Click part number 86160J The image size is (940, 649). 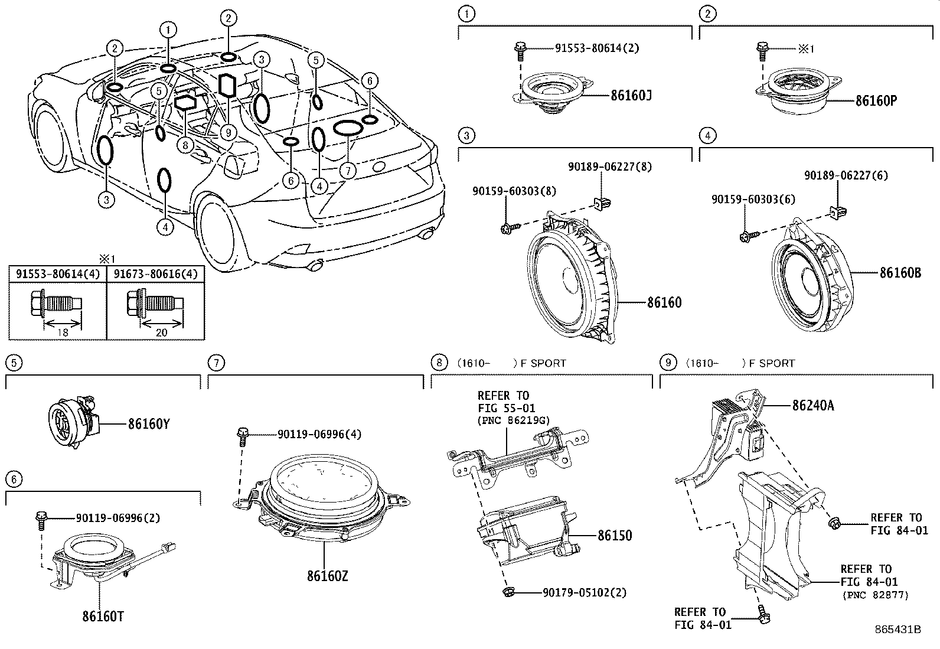pyautogui.click(x=631, y=95)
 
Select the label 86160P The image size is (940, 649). pyautogui.click(x=876, y=100)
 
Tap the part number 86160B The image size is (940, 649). pyautogui.click(x=900, y=273)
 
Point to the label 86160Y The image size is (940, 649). pyautogui.click(x=149, y=423)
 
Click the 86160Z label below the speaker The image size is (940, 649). pyautogui.click(x=327, y=575)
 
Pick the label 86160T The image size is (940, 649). pyautogui.click(x=103, y=617)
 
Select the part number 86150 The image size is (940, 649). pyautogui.click(x=614, y=536)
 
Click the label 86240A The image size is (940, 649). pyautogui.click(x=813, y=406)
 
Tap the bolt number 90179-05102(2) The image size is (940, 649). pyautogui.click(x=584, y=592)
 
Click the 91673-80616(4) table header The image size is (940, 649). pyautogui.click(x=155, y=274)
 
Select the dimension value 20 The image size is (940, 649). pyautogui.click(x=161, y=332)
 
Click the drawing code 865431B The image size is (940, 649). pyautogui.click(x=897, y=630)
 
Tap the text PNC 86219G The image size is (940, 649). pyautogui.click(x=513, y=420)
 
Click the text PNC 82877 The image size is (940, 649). pyautogui.click(x=875, y=595)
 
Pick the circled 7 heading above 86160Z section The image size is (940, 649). pyautogui.click(x=217, y=362)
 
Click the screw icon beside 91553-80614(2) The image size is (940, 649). pyautogui.click(x=521, y=51)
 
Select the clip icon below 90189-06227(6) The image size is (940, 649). pyautogui.click(x=837, y=210)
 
